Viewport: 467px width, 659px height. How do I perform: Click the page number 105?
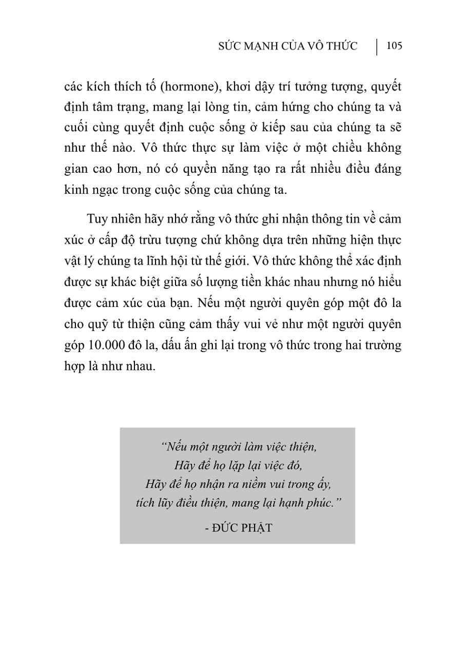pos(394,46)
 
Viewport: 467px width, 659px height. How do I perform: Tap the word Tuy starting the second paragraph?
pos(97,219)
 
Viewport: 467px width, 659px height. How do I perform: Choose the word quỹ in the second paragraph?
pos(98,324)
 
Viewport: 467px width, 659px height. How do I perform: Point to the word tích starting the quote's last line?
pos(145,502)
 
